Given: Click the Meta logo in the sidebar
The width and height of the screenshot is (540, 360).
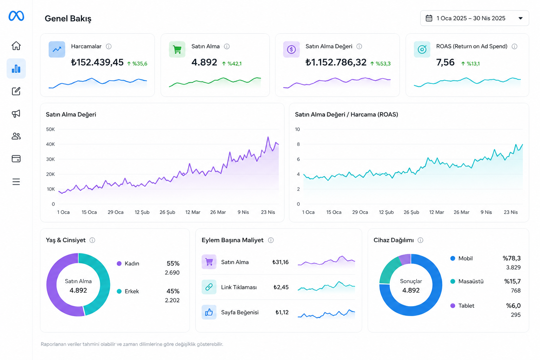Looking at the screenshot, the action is (x=16, y=16).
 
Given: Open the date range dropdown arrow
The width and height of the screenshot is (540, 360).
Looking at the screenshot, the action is (x=520, y=18).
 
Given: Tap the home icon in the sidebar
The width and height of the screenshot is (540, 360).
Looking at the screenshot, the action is (x=16, y=46).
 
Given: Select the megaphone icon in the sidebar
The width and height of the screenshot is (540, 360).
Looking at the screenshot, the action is (x=16, y=114).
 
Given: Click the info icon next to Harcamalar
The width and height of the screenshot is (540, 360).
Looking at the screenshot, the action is (x=109, y=46).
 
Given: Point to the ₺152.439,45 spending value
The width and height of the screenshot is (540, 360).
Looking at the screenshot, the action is (x=97, y=62).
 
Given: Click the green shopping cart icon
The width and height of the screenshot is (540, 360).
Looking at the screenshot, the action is (x=177, y=50).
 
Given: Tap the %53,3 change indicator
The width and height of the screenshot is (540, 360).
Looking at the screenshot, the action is (x=380, y=64).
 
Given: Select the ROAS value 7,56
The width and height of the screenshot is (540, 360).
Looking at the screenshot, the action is (x=445, y=62).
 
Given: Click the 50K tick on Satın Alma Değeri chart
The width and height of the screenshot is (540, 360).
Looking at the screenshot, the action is (x=50, y=129).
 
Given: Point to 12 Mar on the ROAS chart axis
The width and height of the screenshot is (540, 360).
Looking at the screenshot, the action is (x=437, y=212).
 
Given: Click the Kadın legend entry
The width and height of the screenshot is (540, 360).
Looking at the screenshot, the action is (x=128, y=264).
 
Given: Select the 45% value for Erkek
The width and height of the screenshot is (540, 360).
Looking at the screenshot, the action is (x=173, y=291).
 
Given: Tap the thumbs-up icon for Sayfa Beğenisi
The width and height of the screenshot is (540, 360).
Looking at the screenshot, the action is (x=209, y=312).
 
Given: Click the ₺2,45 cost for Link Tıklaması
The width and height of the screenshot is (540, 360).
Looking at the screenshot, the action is (x=281, y=287).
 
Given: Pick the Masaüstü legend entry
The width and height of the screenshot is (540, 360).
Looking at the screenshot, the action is (x=467, y=281).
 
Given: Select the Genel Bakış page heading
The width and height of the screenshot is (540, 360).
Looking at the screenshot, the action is (x=68, y=19).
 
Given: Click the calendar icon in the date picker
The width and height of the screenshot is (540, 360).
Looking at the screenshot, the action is (x=429, y=18).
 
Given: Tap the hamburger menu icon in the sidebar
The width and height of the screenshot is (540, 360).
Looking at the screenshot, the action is (x=16, y=181).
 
